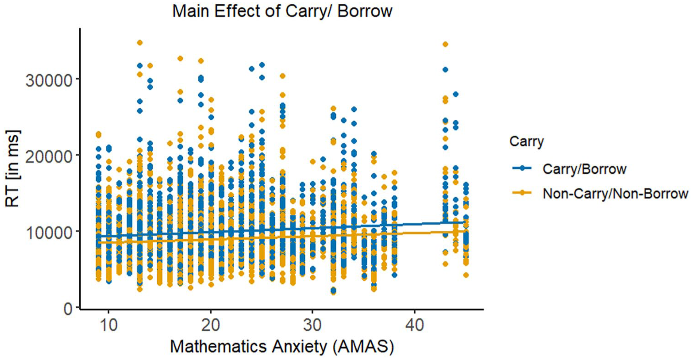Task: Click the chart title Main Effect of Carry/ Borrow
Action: tap(282, 11)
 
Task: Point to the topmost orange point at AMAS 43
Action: tap(445, 44)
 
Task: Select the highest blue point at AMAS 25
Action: tap(262, 65)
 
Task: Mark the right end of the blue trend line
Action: tap(465, 222)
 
